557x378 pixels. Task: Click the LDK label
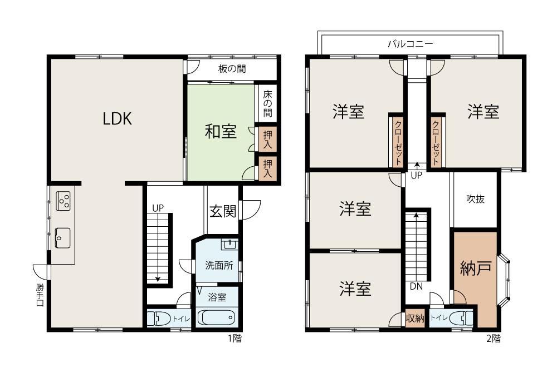click(117, 118)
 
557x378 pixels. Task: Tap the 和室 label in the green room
click(221, 131)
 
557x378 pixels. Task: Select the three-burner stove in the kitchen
click(64, 201)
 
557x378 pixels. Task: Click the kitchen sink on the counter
click(62, 238)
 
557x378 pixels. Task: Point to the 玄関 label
click(223, 211)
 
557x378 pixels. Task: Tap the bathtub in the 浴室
click(216, 317)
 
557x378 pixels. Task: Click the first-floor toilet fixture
click(159, 318)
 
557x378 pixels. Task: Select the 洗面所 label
click(219, 265)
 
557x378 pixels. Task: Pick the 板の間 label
click(232, 68)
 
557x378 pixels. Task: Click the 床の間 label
click(267, 103)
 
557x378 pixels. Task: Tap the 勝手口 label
click(40, 295)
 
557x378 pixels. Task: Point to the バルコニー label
click(411, 44)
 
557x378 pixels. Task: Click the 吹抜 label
click(475, 199)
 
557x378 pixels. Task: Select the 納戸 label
click(476, 268)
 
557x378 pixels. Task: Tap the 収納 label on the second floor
click(415, 318)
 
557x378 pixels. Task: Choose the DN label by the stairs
click(416, 286)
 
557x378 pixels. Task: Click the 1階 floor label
click(234, 339)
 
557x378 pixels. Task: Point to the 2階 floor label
click(494, 339)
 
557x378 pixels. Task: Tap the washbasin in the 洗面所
click(230, 245)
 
